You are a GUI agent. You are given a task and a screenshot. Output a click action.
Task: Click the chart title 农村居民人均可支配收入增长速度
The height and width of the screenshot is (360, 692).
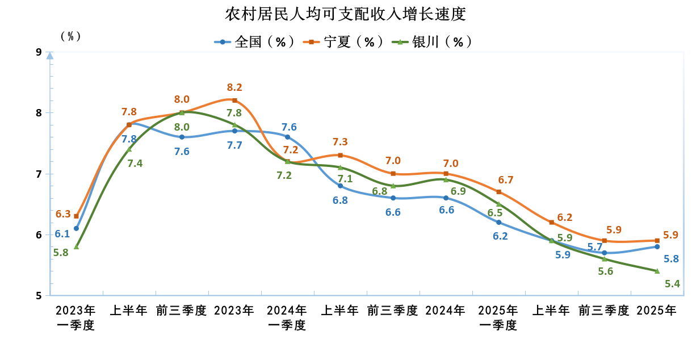click(345, 14)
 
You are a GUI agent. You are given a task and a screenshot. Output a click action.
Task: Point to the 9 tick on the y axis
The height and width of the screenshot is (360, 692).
click(39, 52)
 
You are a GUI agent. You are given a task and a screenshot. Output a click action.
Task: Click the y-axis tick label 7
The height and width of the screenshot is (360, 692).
click(39, 174)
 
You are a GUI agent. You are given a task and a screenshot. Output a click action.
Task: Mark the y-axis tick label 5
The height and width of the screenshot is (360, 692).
click(39, 295)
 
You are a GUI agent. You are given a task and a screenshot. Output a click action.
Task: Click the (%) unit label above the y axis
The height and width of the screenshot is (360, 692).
click(70, 36)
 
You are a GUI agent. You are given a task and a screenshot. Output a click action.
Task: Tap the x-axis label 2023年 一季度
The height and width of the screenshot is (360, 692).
click(76, 318)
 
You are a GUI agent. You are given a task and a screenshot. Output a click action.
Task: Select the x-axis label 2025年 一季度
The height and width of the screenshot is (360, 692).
click(498, 318)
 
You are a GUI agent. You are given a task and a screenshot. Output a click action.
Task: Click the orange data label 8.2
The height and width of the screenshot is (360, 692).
click(234, 87)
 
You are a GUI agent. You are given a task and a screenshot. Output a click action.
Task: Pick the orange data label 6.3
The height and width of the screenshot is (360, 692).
click(63, 214)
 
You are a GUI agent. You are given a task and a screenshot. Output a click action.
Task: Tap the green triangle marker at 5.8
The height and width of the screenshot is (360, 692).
click(76, 246)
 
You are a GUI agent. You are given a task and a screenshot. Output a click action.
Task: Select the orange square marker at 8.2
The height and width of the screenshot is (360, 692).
click(234, 101)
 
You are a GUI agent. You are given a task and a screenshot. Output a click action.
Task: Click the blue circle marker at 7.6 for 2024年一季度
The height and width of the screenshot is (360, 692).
click(287, 137)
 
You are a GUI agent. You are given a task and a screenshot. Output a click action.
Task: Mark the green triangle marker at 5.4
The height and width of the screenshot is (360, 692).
click(657, 271)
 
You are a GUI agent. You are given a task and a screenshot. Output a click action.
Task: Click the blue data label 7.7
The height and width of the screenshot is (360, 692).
click(234, 145)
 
